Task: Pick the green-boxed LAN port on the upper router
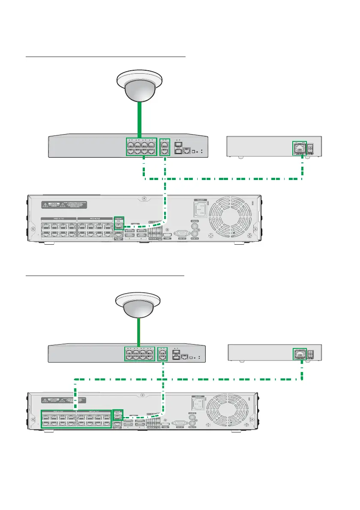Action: pyautogui.click(x=298, y=148)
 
